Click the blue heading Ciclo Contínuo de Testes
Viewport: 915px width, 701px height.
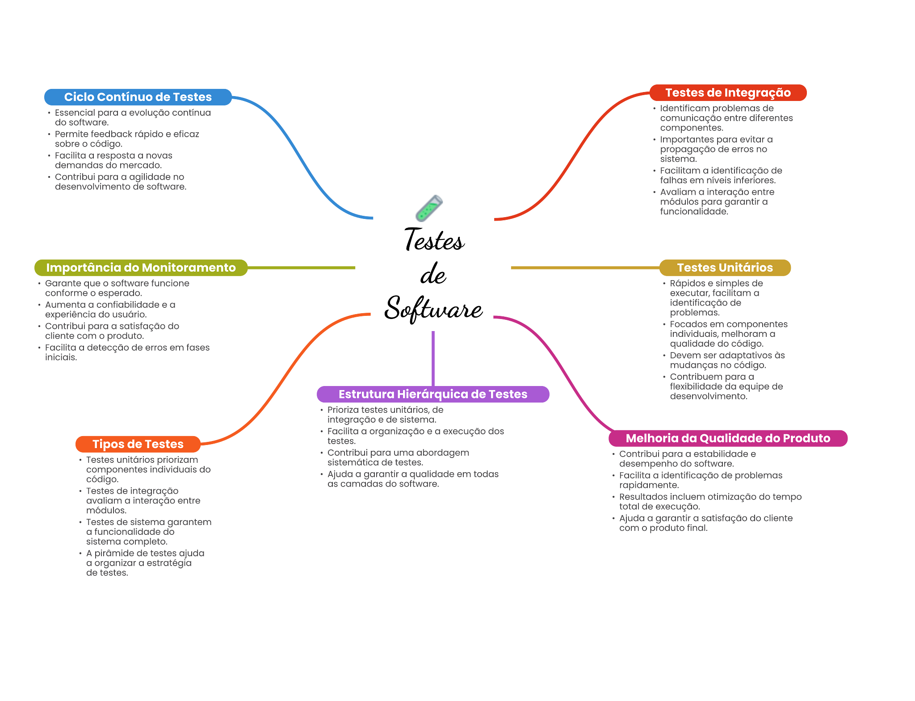tap(138, 97)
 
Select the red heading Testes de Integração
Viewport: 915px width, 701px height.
tap(728, 93)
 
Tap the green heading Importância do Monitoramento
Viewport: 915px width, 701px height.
tap(141, 268)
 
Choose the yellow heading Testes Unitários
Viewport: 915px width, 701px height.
tap(725, 268)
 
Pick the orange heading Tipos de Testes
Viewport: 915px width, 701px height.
tap(138, 444)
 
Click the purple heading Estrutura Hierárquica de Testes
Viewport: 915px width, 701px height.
tap(433, 395)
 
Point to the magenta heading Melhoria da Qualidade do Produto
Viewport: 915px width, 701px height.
tap(728, 438)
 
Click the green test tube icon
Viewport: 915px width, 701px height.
tap(429, 208)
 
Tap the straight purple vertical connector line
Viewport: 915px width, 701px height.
tap(433, 357)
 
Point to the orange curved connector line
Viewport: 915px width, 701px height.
tap(286, 380)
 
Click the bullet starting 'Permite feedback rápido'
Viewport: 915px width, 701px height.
tap(127, 139)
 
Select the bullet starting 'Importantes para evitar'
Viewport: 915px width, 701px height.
tap(716, 149)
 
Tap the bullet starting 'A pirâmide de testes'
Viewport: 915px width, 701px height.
tap(145, 563)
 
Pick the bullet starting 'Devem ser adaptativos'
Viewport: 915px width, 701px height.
tap(727, 360)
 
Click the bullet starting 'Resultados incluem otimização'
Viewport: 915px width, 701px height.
tap(710, 502)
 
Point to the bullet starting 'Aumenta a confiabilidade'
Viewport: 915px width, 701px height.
tap(110, 310)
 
